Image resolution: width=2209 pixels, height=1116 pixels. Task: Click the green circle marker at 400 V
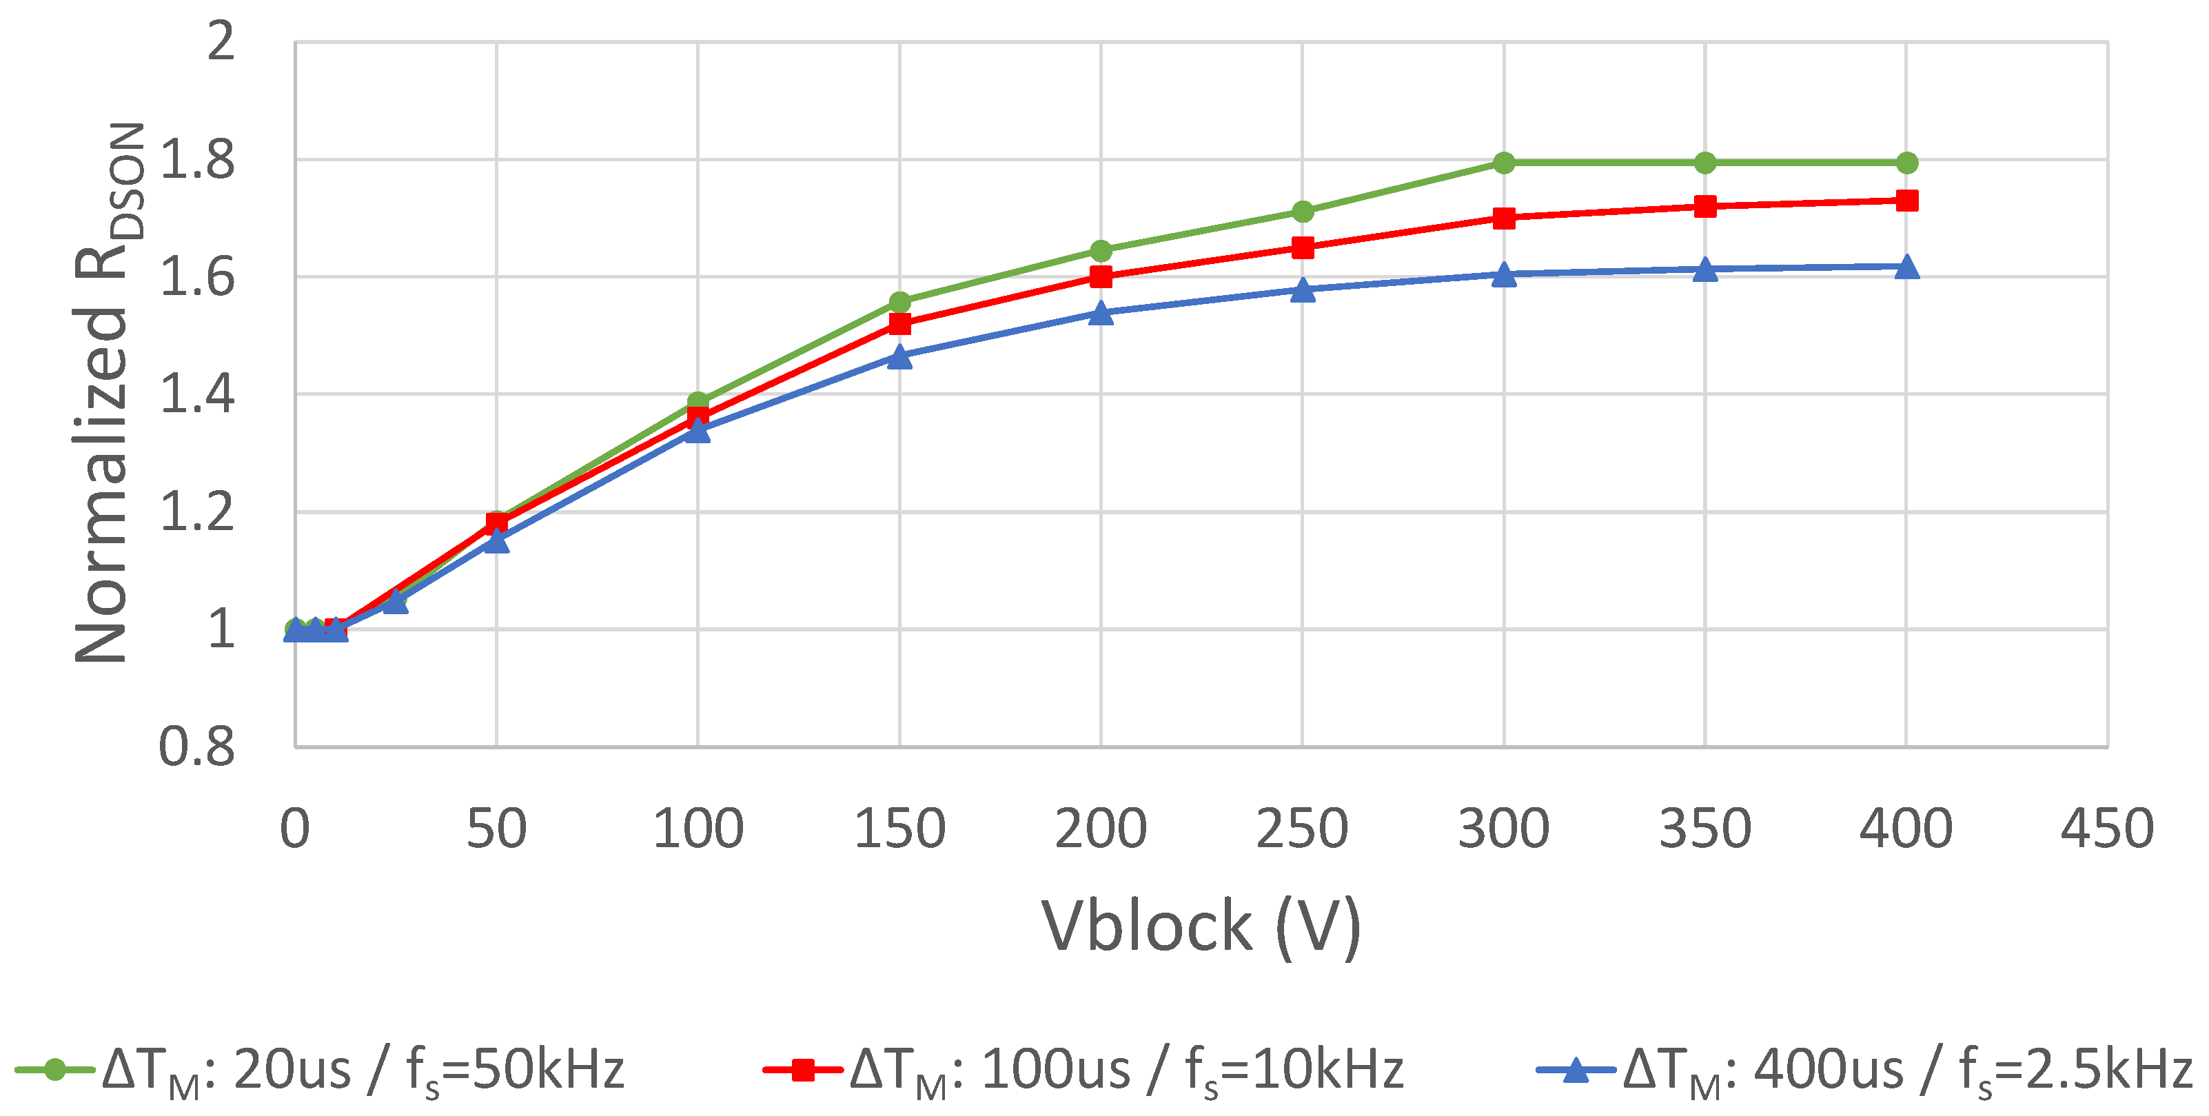pyautogui.click(x=1906, y=163)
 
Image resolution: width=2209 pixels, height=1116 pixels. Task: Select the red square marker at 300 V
pyautogui.click(x=1503, y=218)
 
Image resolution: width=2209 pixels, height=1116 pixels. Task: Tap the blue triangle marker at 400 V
pyautogui.click(x=1906, y=267)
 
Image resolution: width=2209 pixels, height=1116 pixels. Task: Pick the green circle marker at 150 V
pyautogui.click(x=899, y=302)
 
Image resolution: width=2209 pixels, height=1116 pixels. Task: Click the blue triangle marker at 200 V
pyautogui.click(x=1101, y=313)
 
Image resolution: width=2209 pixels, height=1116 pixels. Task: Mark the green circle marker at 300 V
pyautogui.click(x=1503, y=163)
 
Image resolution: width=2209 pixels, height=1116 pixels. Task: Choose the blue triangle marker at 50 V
pyautogui.click(x=496, y=541)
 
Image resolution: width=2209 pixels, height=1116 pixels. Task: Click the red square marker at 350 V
pyautogui.click(x=1704, y=207)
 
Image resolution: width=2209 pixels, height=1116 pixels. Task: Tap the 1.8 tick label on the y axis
pyautogui.click(x=197, y=161)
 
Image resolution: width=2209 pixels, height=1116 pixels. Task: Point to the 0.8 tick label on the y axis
pyautogui.click(x=197, y=747)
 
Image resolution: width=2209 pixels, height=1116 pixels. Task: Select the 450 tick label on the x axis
pyautogui.click(x=2107, y=829)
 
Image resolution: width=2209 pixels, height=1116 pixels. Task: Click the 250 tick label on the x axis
pyautogui.click(x=1302, y=829)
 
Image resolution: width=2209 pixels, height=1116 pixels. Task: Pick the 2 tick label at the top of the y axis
pyautogui.click(x=221, y=41)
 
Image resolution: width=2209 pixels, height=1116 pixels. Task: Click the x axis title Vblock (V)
pyautogui.click(x=1201, y=926)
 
